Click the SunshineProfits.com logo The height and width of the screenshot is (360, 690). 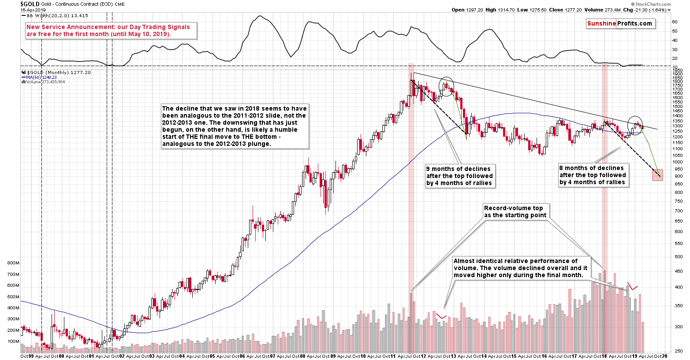(x=619, y=24)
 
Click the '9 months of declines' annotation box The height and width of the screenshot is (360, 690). (x=459, y=176)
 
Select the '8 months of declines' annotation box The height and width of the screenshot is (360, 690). (x=592, y=175)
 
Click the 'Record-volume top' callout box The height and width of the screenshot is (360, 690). (x=515, y=212)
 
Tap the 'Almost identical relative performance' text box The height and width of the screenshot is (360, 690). (x=520, y=268)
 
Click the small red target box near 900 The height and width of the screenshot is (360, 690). (x=657, y=175)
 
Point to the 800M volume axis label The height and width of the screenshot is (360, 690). (x=13, y=263)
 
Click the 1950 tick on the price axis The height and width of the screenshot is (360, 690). (x=678, y=71)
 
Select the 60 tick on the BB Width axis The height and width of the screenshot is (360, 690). (x=675, y=22)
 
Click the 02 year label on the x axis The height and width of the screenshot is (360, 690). (x=122, y=356)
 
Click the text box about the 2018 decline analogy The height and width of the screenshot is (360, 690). (x=234, y=126)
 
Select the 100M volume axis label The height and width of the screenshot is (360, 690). (x=13, y=341)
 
